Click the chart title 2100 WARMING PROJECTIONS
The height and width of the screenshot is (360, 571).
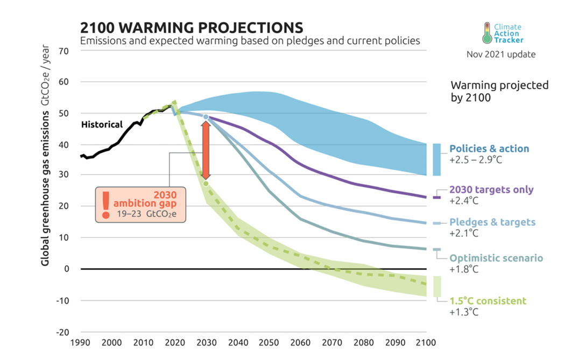coord(191,27)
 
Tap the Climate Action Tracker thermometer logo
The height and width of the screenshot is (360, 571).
coord(487,33)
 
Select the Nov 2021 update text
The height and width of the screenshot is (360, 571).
coord(500,54)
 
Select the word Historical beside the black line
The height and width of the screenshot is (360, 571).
coord(102,124)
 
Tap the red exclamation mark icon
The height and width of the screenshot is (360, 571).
coord(106,204)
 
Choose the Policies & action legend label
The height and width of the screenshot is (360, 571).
coord(489,149)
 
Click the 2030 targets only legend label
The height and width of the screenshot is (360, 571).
coord(492,189)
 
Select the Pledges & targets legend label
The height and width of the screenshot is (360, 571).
coord(492,222)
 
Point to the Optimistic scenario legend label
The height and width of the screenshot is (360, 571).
coord(496,258)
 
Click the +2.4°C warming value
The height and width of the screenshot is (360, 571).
coord(463,201)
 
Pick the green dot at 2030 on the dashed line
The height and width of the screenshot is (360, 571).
coord(206,183)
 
